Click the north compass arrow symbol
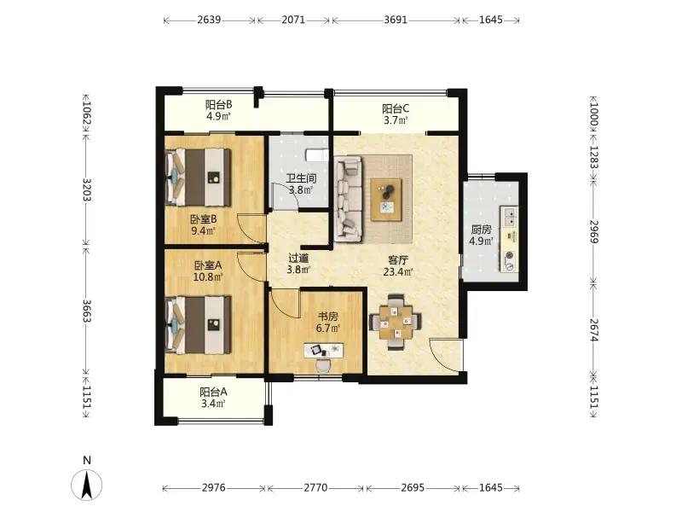pyautogui.click(x=87, y=484)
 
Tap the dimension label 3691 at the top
pyautogui.click(x=396, y=20)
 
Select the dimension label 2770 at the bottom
pyautogui.click(x=315, y=487)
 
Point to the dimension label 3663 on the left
pyautogui.click(x=86, y=311)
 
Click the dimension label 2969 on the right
pyautogui.click(x=594, y=231)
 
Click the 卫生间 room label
pyautogui.click(x=301, y=178)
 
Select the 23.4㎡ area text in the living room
pyautogui.click(x=398, y=272)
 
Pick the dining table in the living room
pyautogui.click(x=396, y=323)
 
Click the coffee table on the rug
pyautogui.click(x=386, y=200)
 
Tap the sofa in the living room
pyautogui.click(x=349, y=199)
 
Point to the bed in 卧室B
pyautogui.click(x=199, y=177)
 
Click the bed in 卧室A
pyautogui.click(x=199, y=325)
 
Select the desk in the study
pyautogui.click(x=323, y=350)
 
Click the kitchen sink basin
pyautogui.click(x=509, y=217)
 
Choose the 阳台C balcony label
pyautogui.click(x=396, y=108)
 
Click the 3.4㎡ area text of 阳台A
pyautogui.click(x=213, y=404)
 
